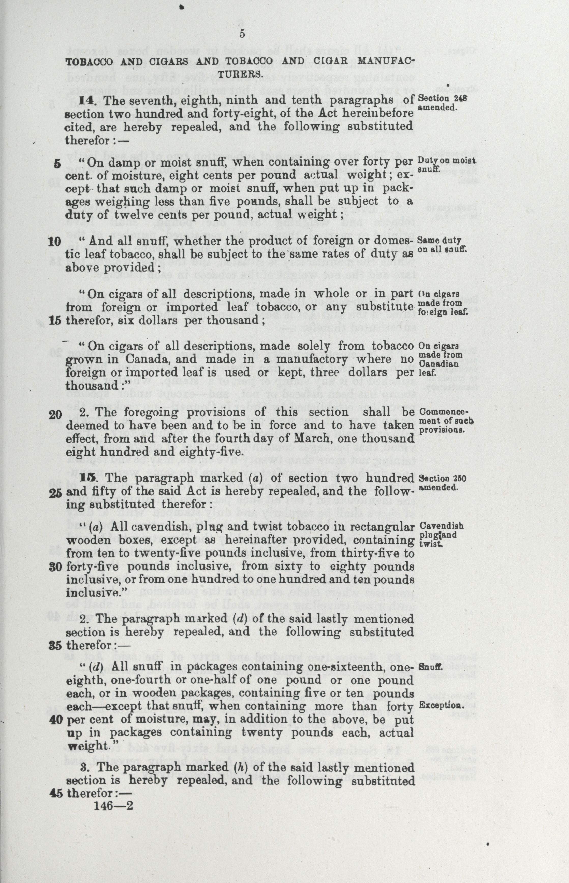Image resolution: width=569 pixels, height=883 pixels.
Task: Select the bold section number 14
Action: [86, 100]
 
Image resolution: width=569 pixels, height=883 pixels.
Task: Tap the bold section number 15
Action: [87, 478]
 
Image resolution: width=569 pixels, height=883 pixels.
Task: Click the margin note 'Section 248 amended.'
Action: [442, 103]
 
